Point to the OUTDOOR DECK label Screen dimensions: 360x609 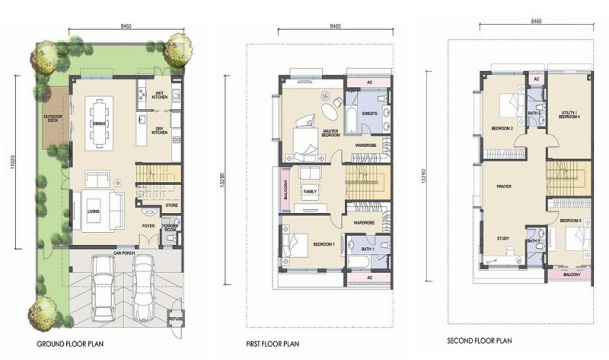54,120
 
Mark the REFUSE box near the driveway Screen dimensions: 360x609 176,318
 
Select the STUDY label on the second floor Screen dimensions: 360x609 503,238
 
